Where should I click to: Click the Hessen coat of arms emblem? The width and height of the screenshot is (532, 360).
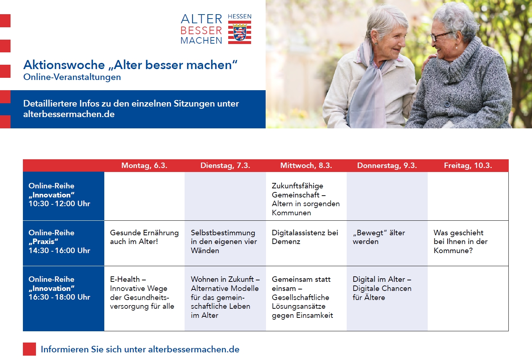click(x=239, y=32)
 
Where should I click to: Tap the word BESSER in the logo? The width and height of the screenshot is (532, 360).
click(x=201, y=31)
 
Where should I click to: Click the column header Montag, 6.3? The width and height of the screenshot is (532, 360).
click(x=144, y=165)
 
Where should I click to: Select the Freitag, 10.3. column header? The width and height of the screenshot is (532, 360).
click(x=468, y=165)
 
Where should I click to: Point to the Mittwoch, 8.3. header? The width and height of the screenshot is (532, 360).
click(x=306, y=165)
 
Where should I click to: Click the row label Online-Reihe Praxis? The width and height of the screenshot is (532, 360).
click(x=51, y=237)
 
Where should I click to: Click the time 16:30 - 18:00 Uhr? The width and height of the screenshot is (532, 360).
click(x=59, y=297)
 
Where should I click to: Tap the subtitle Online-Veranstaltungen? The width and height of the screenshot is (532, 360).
click(x=72, y=77)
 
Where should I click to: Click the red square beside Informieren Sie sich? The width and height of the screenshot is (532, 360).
click(x=29, y=349)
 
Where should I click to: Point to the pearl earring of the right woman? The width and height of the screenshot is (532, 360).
click(x=456, y=48)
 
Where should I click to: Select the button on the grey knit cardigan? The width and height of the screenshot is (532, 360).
click(x=447, y=104)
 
